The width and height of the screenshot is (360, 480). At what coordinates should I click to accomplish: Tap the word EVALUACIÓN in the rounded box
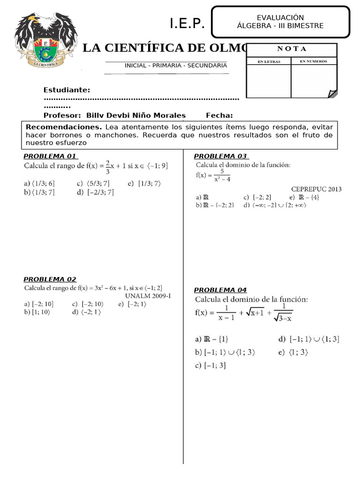pos(280,17)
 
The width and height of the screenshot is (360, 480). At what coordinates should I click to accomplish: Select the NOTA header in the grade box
pos(291,49)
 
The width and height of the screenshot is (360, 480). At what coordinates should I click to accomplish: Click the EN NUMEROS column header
pos(314,61)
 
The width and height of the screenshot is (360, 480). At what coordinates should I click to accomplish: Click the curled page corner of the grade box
pos(332,93)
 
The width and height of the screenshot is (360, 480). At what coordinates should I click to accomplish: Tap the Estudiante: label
pos(67,90)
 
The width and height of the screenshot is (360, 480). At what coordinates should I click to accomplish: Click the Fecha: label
pos(219,115)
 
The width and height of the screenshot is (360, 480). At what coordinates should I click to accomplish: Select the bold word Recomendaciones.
pos(64,127)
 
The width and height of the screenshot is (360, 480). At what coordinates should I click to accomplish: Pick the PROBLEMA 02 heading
pos(50,279)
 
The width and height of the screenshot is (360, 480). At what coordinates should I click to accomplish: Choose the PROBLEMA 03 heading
pos(221,156)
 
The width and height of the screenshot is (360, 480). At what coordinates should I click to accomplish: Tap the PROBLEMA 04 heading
pos(220,290)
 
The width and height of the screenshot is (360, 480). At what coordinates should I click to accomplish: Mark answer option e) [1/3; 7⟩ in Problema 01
pos(144,184)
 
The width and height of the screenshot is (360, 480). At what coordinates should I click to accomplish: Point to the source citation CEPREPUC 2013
pos(316,189)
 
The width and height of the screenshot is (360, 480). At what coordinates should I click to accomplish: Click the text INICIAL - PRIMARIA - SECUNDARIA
pos(175,66)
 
